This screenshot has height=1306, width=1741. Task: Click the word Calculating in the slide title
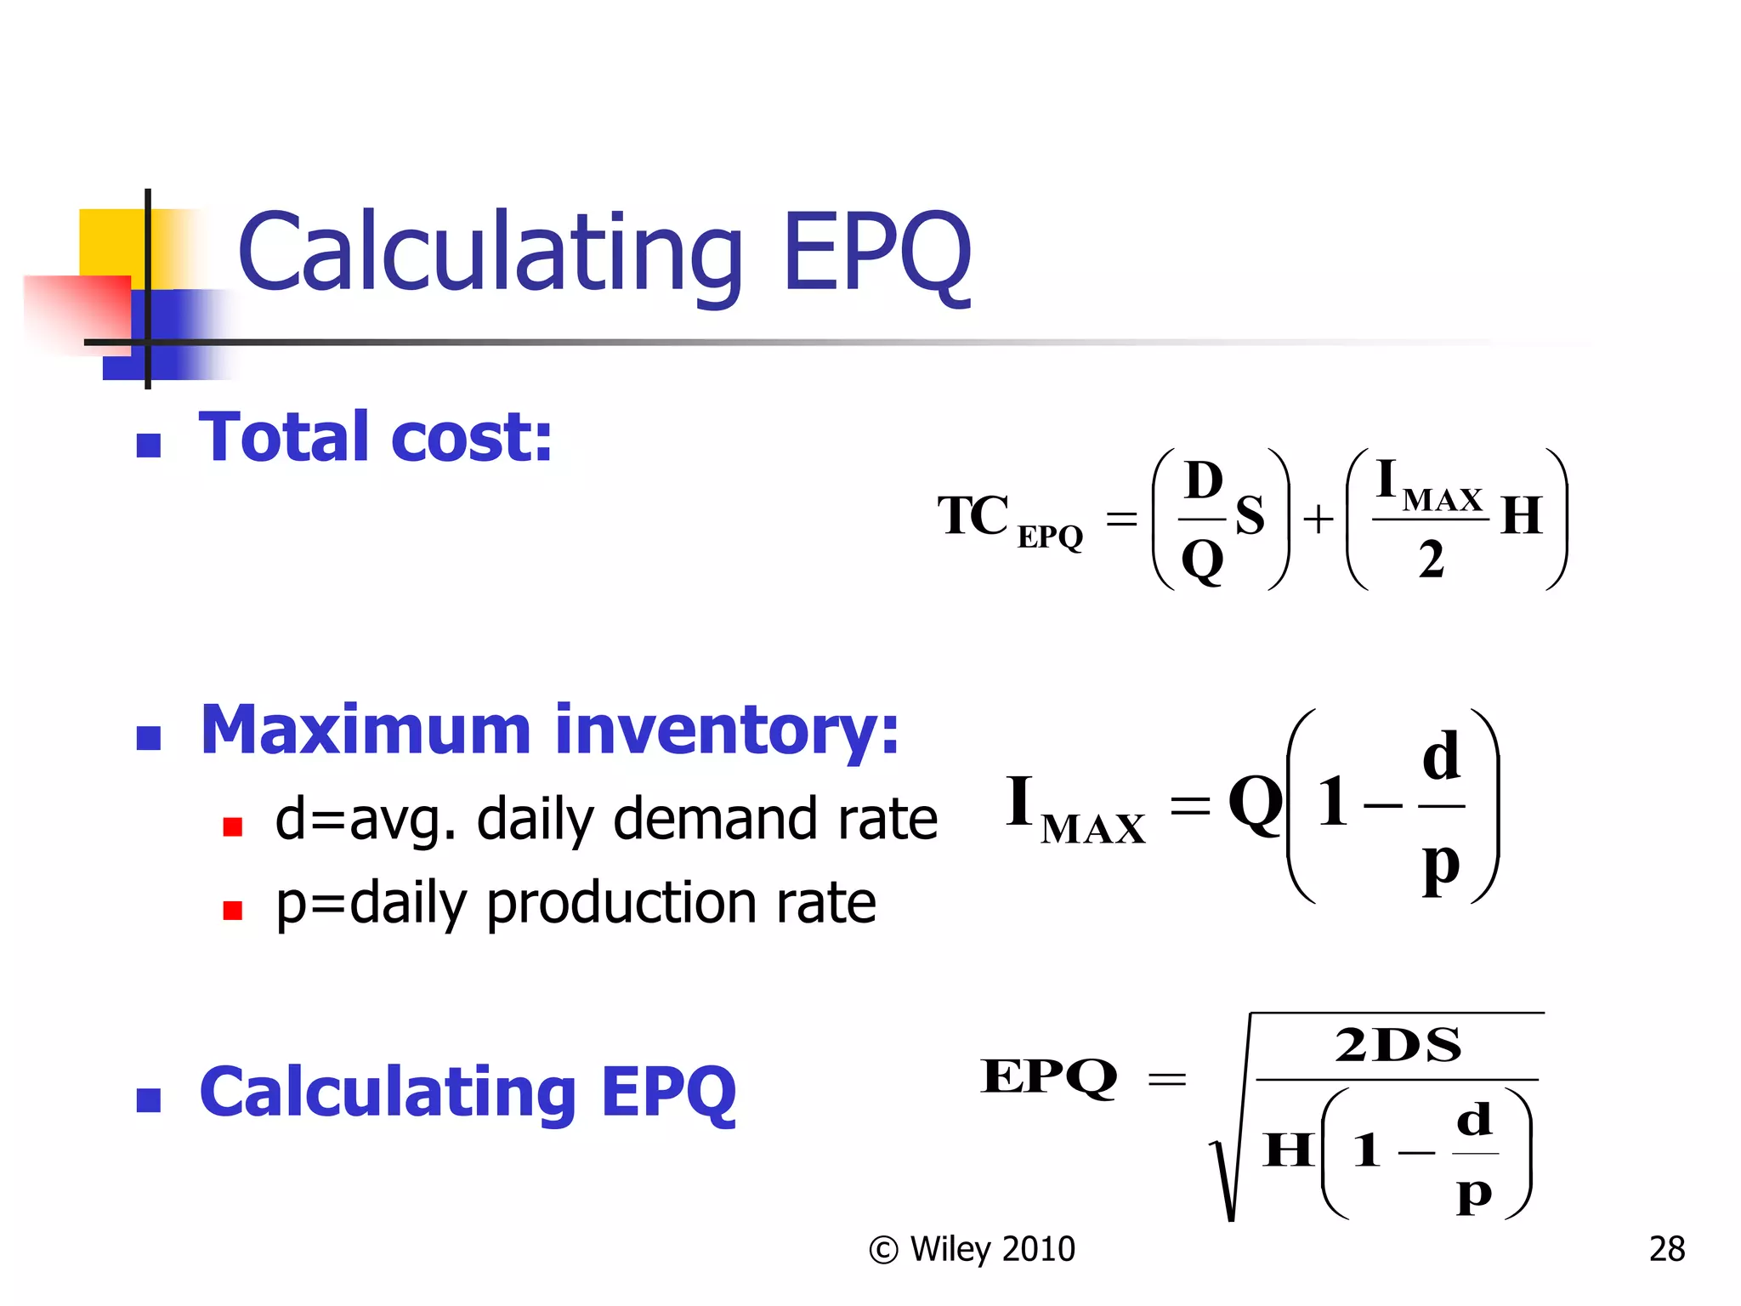coord(491,253)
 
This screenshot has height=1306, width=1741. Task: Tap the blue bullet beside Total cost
coord(149,445)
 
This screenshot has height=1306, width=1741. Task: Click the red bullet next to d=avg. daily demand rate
coord(232,826)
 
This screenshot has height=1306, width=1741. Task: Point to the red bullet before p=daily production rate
coord(232,911)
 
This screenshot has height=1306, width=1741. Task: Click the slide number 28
coord(1666,1249)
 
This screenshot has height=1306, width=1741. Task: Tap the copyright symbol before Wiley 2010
coord(883,1250)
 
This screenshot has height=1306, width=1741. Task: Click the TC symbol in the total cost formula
coord(973,515)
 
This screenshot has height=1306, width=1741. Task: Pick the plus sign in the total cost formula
coord(1319,519)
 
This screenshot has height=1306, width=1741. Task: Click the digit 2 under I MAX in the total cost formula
coord(1431,560)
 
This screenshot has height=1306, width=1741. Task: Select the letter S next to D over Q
coord(1250,515)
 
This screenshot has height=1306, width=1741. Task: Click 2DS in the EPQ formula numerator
coord(1398,1045)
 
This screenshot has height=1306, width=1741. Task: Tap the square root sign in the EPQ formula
coord(1228,1173)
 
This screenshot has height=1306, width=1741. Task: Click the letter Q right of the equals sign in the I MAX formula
coord(1255,803)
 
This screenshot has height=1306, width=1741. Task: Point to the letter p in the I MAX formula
coord(1441,866)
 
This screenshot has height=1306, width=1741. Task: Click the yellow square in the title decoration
coord(111,242)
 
